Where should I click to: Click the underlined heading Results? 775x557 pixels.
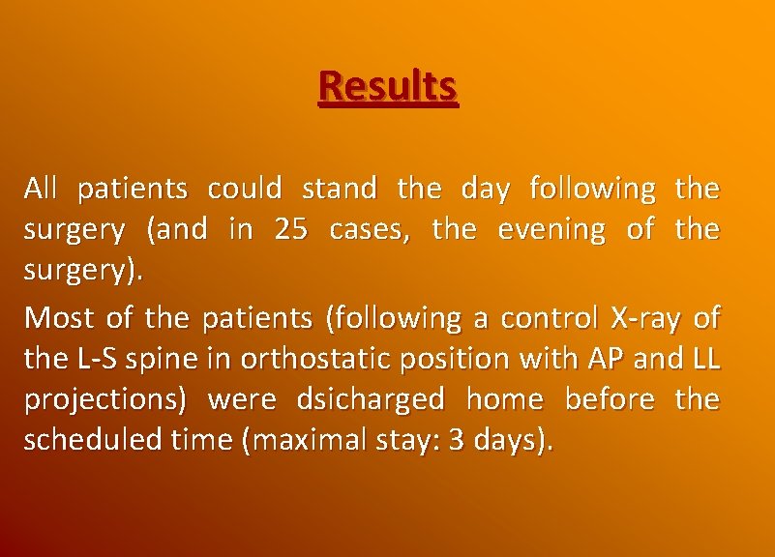388,87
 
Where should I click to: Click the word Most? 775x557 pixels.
51,317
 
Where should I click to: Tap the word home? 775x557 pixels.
503,400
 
